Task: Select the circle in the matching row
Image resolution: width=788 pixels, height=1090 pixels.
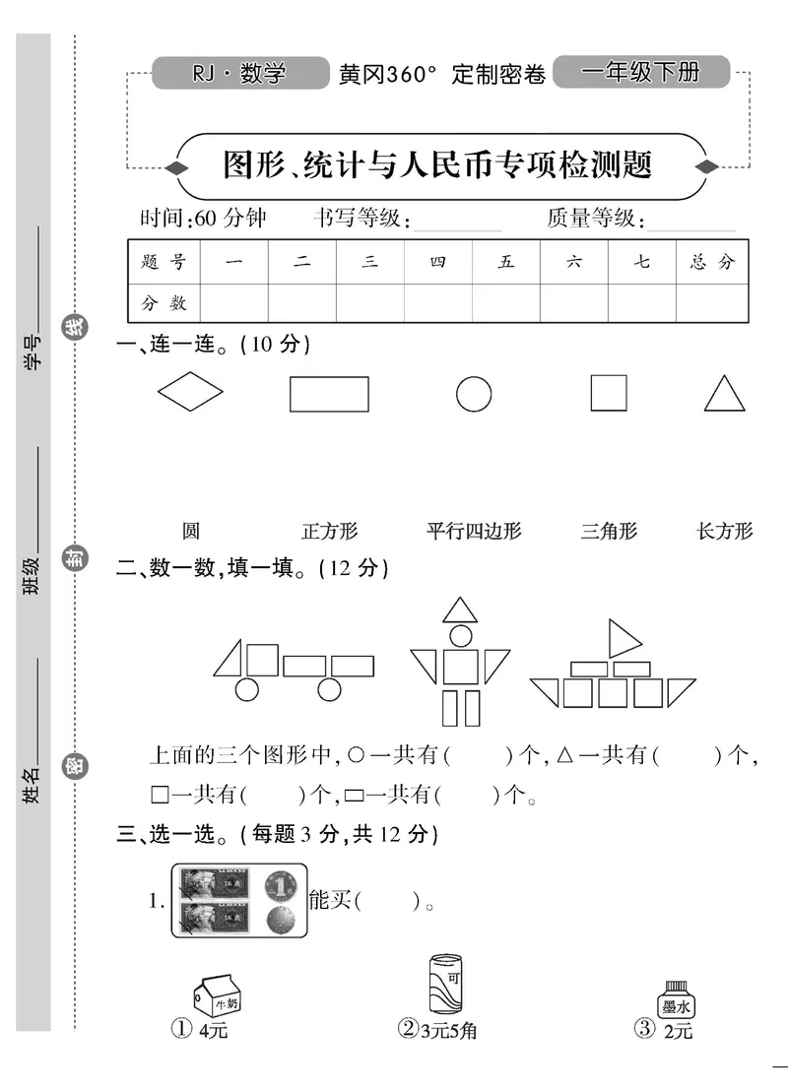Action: click(x=474, y=394)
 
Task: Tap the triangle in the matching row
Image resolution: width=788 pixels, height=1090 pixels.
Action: click(x=724, y=395)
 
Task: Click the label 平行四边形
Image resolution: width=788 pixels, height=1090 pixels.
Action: click(x=474, y=532)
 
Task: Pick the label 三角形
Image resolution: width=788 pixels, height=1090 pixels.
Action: click(x=609, y=532)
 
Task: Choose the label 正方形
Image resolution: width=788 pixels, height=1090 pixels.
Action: click(x=329, y=532)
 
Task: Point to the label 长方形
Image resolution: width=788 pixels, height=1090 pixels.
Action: click(x=724, y=532)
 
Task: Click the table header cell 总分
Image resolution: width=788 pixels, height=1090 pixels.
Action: click(x=713, y=262)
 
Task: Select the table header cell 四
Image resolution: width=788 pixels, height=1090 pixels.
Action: click(x=437, y=262)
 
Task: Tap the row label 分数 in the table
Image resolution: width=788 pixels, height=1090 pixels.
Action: click(x=164, y=303)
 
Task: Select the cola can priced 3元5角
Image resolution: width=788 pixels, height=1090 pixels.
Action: click(x=446, y=984)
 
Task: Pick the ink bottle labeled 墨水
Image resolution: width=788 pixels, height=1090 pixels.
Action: click(x=675, y=1001)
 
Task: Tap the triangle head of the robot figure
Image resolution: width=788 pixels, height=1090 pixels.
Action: click(x=459, y=610)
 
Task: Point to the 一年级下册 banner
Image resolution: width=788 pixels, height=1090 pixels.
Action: click(x=641, y=72)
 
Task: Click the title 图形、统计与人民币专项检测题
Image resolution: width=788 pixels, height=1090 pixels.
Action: click(x=438, y=164)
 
